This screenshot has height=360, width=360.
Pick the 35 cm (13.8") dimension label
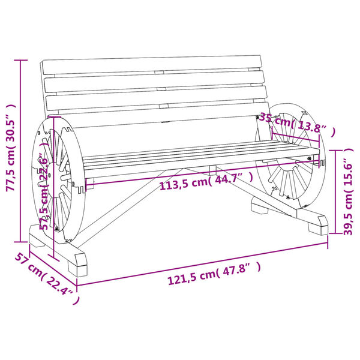click(x=296, y=126)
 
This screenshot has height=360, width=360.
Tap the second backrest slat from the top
click(x=155, y=79)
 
